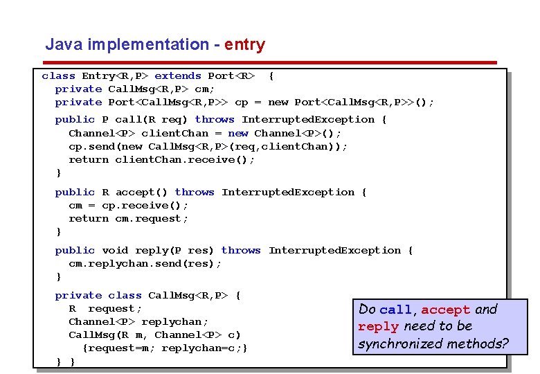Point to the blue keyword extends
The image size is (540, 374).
[x=178, y=76]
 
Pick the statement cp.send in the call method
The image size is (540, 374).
[x=208, y=146]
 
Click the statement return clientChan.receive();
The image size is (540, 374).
[x=161, y=159]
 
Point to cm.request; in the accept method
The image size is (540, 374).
[x=152, y=219]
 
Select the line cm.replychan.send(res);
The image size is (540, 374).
[x=145, y=264]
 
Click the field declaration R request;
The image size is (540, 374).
[x=105, y=309]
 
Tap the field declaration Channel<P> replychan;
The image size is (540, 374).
[x=138, y=322]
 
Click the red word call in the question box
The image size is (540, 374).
[x=396, y=310]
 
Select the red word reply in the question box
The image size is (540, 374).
[x=379, y=327]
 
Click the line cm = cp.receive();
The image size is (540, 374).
[x=128, y=206]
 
